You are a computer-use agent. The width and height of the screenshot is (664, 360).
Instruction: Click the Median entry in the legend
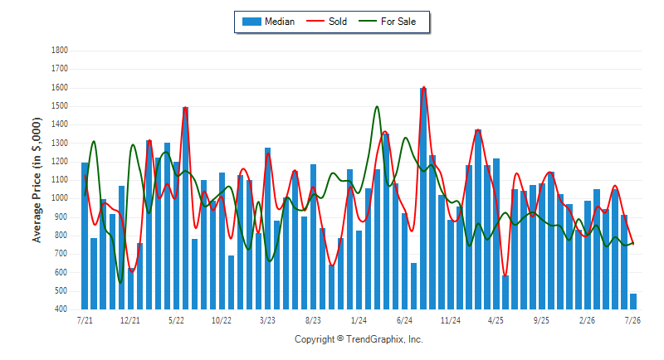[268, 22]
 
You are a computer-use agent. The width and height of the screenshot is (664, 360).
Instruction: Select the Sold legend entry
[326, 22]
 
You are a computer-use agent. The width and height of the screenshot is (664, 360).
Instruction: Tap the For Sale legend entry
[387, 22]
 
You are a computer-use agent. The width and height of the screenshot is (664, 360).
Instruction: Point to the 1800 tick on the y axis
[60, 51]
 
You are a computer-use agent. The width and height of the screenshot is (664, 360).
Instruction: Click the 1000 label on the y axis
[60, 198]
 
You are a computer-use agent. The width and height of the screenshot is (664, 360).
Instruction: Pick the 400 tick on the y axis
[61, 309]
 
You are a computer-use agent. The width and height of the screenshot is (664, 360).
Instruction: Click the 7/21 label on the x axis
[85, 320]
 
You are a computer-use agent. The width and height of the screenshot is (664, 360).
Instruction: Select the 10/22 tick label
[222, 320]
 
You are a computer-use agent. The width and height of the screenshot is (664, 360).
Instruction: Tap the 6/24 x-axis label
[404, 320]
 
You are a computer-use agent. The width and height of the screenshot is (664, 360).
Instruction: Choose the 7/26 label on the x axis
[632, 320]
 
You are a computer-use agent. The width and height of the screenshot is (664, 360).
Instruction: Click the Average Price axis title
[37, 180]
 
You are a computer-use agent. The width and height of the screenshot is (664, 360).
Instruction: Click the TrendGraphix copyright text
[359, 339]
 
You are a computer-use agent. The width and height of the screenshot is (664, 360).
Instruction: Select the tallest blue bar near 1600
[423, 198]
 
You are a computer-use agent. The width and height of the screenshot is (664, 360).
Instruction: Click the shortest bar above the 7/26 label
[633, 302]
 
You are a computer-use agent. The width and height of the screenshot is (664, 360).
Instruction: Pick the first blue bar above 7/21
[85, 236]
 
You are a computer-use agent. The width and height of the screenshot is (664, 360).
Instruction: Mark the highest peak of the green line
[377, 107]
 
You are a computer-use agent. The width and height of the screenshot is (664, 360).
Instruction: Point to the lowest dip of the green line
[120, 283]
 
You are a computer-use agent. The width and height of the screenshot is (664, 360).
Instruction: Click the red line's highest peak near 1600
[424, 87]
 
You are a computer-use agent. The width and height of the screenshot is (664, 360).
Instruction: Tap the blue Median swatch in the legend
[251, 22]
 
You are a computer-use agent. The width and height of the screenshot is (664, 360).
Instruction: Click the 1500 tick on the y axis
[60, 105]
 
